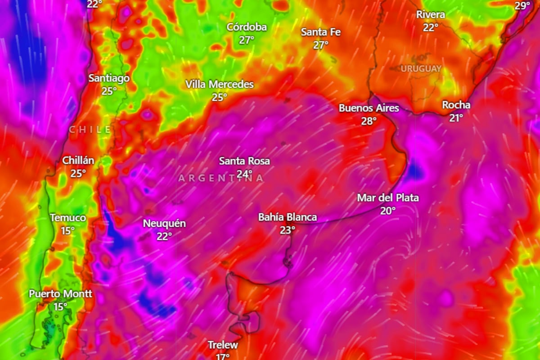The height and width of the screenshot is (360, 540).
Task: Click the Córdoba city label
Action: click(x=247, y=27)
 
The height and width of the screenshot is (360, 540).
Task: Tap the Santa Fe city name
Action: click(x=321, y=32)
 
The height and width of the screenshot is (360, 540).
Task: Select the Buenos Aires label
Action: click(x=369, y=108)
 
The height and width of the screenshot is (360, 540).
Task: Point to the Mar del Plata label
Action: click(x=388, y=198)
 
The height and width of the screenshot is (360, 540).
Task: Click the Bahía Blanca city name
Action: click(x=287, y=217)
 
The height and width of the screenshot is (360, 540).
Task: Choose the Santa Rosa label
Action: click(x=244, y=161)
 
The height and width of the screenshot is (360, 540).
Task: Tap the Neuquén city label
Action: click(x=164, y=223)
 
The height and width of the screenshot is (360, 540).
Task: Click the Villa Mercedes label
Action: click(x=220, y=85)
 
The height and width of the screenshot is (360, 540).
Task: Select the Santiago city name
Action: click(x=109, y=78)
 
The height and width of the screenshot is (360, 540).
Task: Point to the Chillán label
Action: click(x=78, y=160)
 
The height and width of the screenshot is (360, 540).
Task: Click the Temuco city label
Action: click(x=68, y=218)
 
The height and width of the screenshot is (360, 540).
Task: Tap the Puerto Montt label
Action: click(x=60, y=294)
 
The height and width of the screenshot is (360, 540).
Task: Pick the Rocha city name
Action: click(x=456, y=105)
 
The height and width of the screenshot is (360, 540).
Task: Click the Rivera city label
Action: click(x=430, y=14)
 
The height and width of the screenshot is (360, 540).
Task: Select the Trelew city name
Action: click(x=222, y=345)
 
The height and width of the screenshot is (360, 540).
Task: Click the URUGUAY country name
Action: click(x=421, y=69)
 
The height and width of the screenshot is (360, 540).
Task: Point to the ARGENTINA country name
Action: click(x=221, y=178)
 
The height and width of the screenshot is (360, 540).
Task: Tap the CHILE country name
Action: click(x=90, y=130)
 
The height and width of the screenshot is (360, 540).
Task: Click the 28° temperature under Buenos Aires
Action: click(x=369, y=121)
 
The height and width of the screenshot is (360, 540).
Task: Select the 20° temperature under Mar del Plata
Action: click(x=388, y=210)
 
